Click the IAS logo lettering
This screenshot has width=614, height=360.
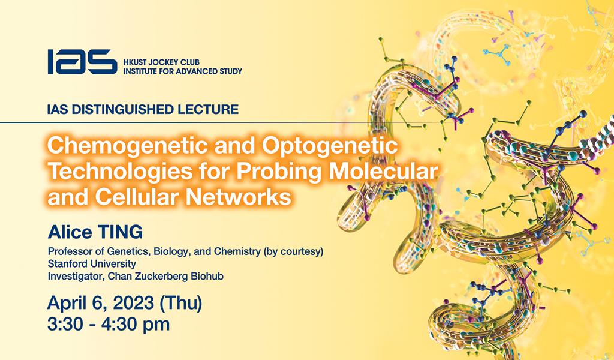tap(82, 62)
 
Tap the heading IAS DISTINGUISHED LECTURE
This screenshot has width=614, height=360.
tap(143, 110)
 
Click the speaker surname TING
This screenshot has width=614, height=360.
tap(120, 233)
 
